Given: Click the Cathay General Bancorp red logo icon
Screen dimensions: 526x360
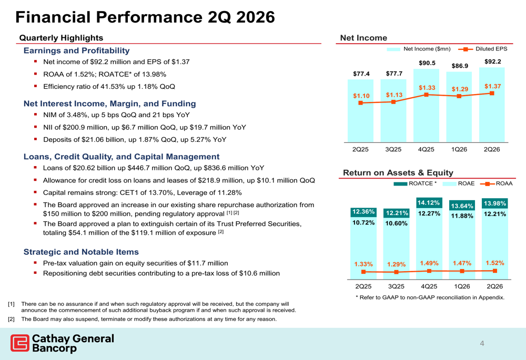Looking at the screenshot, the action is [20, 343].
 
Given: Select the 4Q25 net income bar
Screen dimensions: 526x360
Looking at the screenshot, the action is [426, 106].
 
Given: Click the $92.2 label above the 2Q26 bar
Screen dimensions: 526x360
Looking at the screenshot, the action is [492, 61].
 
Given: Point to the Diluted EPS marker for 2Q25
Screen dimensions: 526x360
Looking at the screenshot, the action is [361, 103].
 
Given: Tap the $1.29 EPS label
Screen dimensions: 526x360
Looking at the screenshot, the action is [460, 89].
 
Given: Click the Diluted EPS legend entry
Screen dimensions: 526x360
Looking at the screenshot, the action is [483, 49].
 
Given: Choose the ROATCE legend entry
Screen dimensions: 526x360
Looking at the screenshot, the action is [415, 183].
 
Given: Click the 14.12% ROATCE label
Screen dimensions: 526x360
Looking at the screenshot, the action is [429, 203].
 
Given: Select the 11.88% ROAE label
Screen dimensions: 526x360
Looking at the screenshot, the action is [462, 216].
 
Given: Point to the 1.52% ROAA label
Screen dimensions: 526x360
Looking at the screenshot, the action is [495, 263].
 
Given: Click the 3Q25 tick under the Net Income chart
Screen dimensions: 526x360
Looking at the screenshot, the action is [393, 149].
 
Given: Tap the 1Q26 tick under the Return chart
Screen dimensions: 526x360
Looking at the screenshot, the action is [462, 286].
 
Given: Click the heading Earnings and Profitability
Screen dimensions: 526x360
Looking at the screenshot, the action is [76, 50].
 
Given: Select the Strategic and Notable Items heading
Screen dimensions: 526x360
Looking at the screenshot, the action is [81, 252].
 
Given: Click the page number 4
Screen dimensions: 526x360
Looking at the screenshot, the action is [482, 343].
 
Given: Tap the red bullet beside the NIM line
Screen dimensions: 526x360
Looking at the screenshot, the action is [35, 115].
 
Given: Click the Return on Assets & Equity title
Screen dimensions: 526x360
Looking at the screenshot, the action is [398, 172].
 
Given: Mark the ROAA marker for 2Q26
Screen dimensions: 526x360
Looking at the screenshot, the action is [495, 271].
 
